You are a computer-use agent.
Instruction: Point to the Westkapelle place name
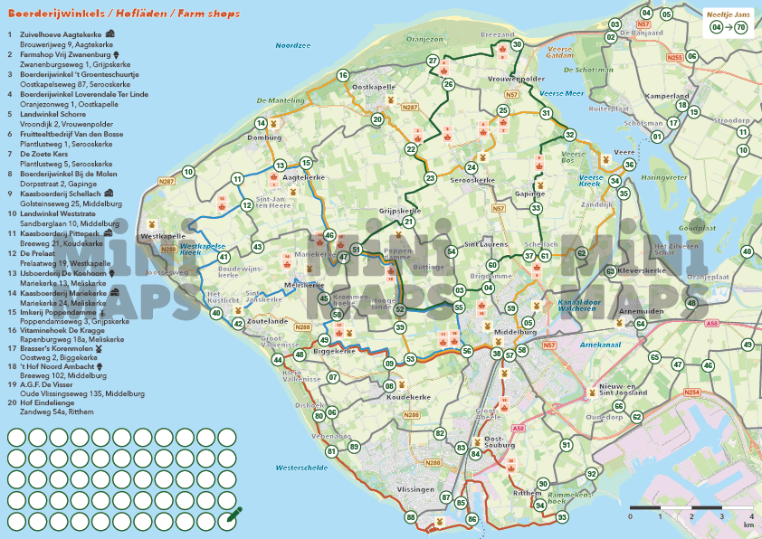pos(158,236)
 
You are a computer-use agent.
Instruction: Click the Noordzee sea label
pos(293,44)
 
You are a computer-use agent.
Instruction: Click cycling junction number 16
pos(343,75)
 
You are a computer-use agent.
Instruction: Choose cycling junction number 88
pos(412,517)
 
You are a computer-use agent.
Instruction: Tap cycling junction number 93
pos(562,517)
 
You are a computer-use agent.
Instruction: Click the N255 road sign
pos(673,57)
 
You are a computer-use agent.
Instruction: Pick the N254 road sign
pos(692,392)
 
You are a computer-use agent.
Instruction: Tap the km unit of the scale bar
pos(748,524)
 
